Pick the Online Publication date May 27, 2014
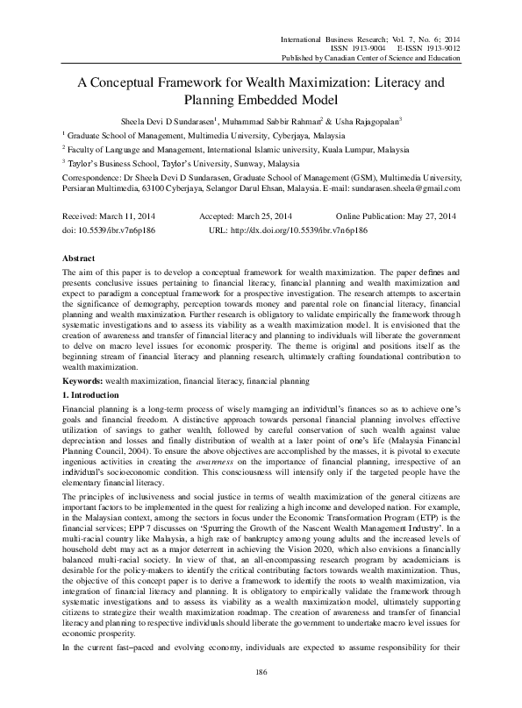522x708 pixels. point(427,216)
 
